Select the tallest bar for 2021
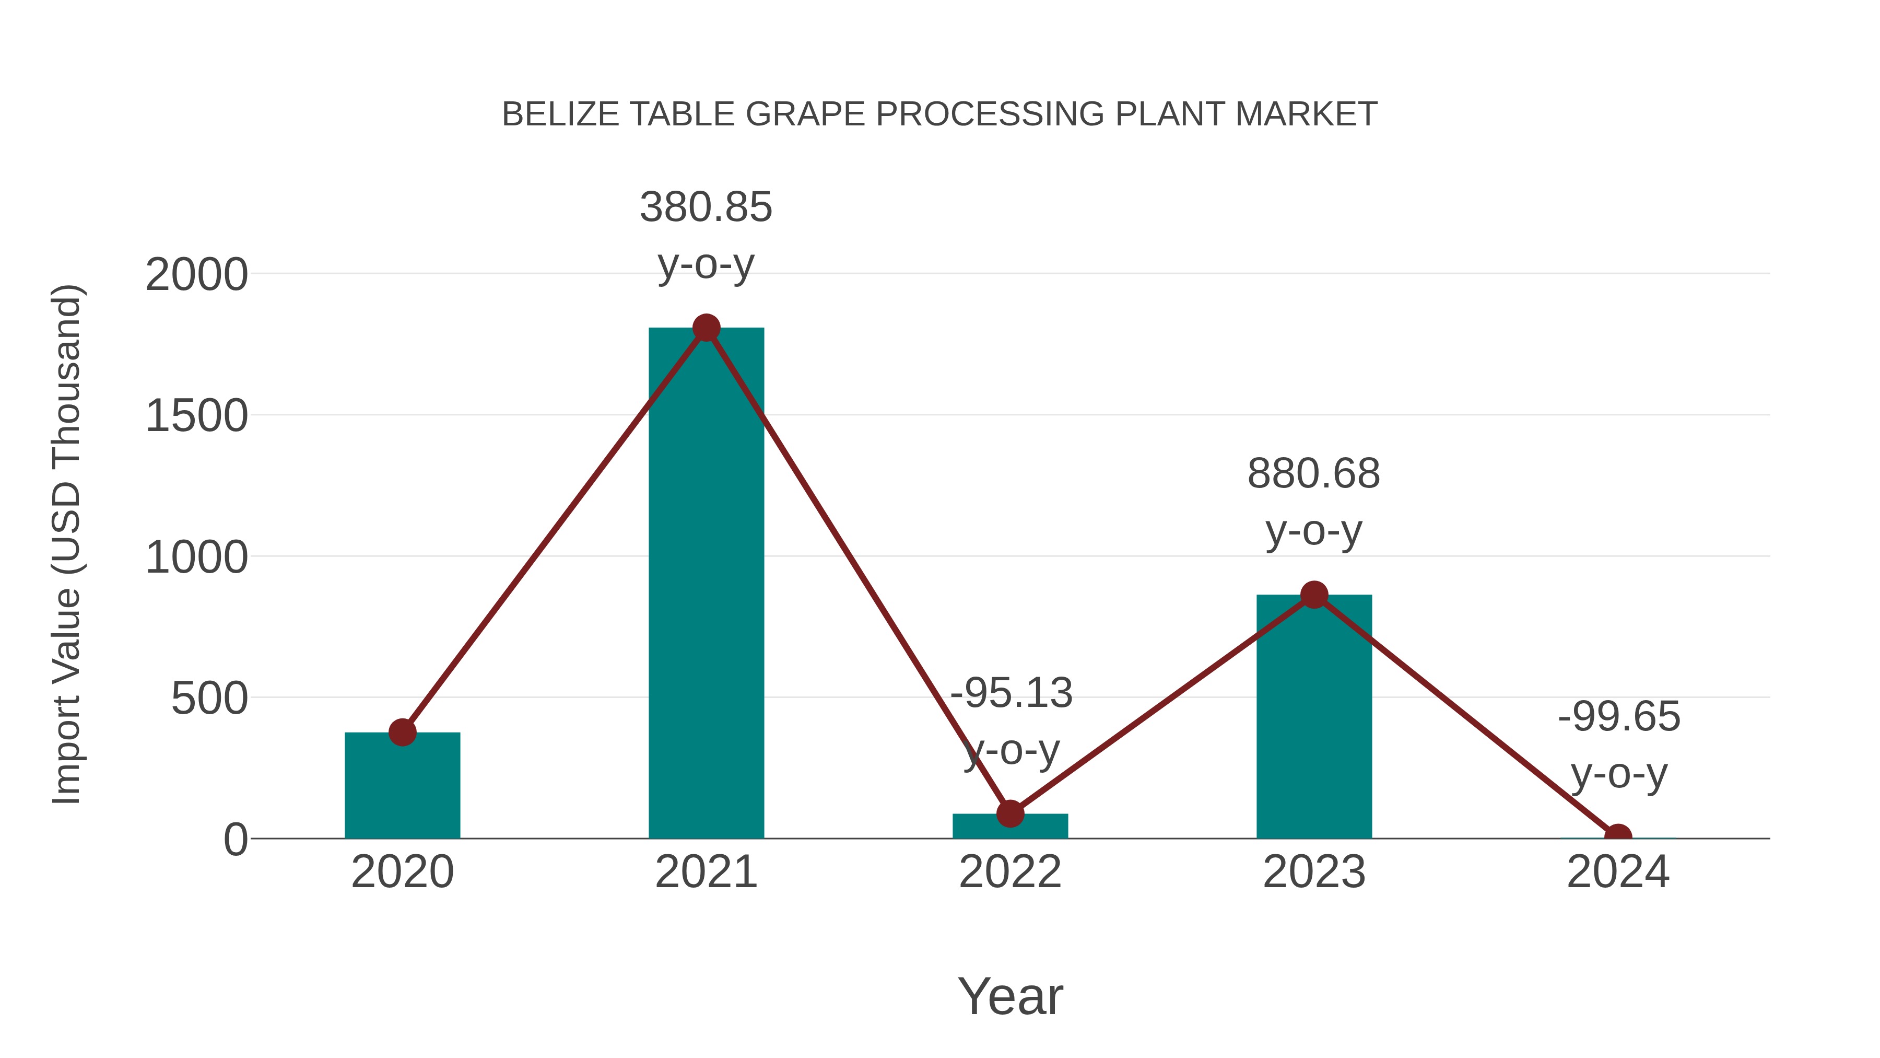coord(706,584)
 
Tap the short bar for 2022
coord(1010,827)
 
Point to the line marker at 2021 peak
coord(706,328)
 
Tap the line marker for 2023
coord(1314,595)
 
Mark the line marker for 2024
coord(1618,837)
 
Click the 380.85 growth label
coord(706,207)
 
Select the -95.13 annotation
coord(1012,694)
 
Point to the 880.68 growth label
coord(1314,474)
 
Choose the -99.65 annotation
coord(1619,717)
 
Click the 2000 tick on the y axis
coord(196,276)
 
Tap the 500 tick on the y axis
coord(209,700)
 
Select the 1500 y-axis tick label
coord(196,417)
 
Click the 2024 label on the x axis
coord(1618,873)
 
